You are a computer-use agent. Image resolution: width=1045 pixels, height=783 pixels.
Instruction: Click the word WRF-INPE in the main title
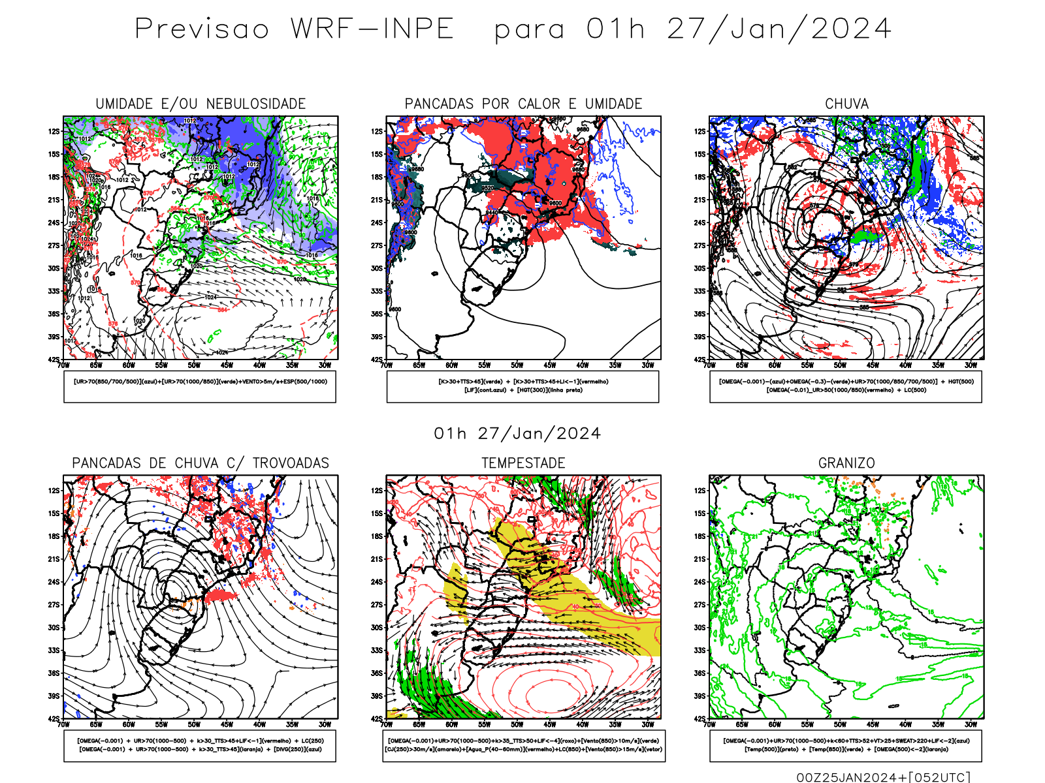(x=372, y=29)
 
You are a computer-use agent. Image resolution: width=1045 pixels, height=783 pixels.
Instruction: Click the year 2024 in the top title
(x=850, y=29)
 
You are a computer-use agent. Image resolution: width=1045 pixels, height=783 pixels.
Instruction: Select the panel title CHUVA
(x=846, y=104)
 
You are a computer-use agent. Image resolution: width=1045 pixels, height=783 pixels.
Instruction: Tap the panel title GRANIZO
(x=846, y=463)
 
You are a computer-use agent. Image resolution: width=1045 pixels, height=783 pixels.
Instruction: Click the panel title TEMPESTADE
(x=523, y=463)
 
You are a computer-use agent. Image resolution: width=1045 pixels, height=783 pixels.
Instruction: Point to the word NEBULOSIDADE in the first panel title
(x=256, y=104)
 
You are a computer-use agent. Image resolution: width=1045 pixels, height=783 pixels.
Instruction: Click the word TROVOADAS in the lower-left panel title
(x=291, y=463)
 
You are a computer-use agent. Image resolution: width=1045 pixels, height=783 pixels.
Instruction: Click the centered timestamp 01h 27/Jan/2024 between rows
(x=517, y=434)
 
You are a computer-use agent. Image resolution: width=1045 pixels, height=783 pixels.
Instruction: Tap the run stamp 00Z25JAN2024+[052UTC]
(x=883, y=777)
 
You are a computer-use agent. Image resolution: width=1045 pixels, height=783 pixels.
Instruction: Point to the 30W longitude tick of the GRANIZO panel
(x=971, y=724)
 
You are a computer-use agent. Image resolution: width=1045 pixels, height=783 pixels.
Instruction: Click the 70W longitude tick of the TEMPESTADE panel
(x=387, y=724)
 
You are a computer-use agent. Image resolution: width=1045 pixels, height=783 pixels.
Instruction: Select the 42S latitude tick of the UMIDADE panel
(x=54, y=360)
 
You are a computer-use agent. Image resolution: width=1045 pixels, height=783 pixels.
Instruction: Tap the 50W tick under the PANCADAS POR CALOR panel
(x=517, y=365)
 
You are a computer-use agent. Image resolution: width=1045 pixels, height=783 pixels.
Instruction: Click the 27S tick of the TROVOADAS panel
(x=54, y=605)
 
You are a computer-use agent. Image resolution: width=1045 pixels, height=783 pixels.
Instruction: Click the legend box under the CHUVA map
(x=846, y=386)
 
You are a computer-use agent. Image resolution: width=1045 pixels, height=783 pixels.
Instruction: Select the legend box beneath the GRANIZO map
(x=846, y=745)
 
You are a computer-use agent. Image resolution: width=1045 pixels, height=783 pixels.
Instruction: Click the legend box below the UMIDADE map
(x=200, y=386)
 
